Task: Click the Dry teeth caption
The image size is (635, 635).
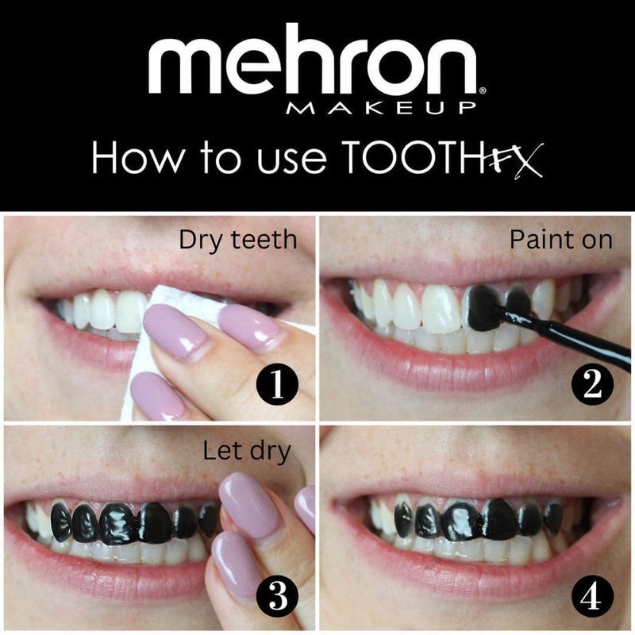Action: click(x=237, y=239)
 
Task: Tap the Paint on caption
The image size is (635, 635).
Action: click(x=562, y=239)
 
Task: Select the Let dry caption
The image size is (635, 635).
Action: click(x=247, y=451)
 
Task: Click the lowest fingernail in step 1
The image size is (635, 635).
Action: click(x=156, y=394)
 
